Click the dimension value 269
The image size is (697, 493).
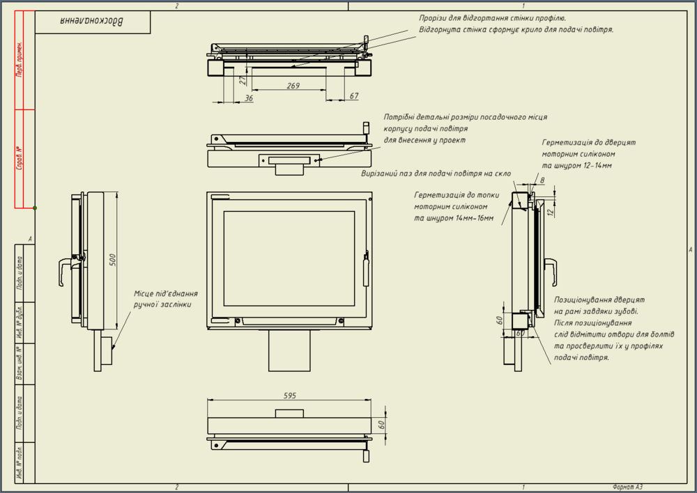click(293, 86)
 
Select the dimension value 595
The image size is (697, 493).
click(291, 396)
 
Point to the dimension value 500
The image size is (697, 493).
click(112, 260)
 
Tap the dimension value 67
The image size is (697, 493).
click(354, 95)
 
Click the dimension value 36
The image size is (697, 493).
click(250, 98)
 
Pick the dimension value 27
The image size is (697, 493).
click(243, 80)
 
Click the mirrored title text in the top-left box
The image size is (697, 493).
click(93, 22)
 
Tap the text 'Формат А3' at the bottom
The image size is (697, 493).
click(627, 487)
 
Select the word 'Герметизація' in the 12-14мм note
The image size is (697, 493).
click(567, 142)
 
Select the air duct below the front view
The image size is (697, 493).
click(289, 351)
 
